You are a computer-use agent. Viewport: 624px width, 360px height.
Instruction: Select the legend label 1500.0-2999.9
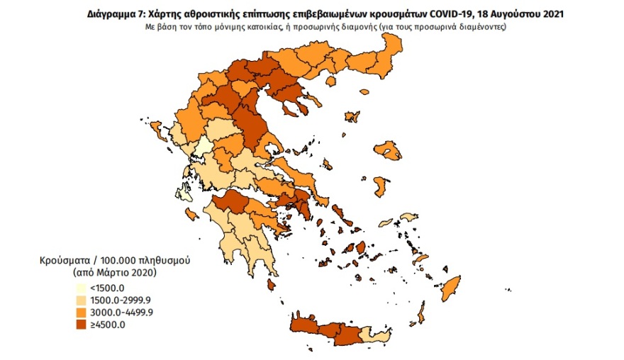pyautogui.click(x=116, y=300)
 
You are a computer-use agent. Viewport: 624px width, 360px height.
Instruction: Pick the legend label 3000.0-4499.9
pyautogui.click(x=116, y=313)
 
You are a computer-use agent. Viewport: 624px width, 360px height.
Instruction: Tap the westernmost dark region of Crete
pyautogui.click(x=303, y=327)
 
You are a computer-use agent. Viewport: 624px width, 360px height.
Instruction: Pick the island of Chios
pyautogui.click(x=381, y=186)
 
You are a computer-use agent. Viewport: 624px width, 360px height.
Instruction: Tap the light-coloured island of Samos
pyautogui.click(x=408, y=217)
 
